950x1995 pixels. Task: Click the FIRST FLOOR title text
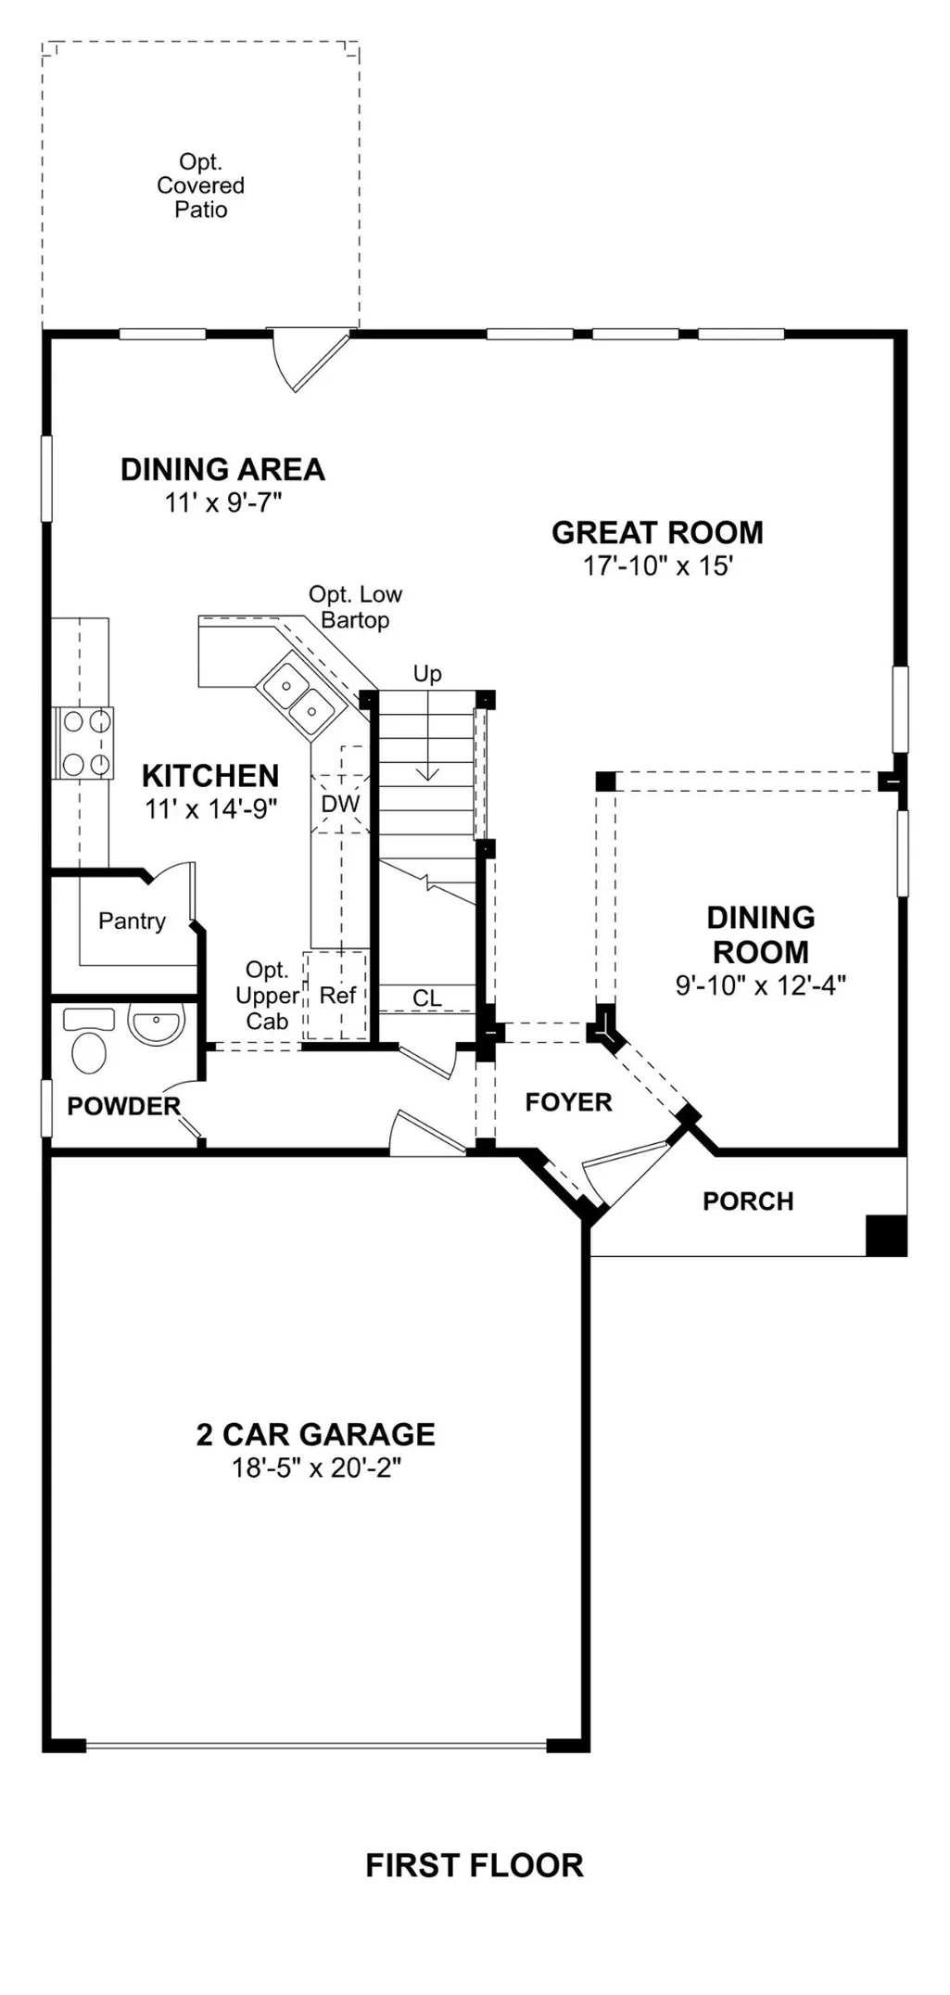[475, 1865]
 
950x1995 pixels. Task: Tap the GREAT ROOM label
[657, 532]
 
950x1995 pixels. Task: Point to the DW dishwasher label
[340, 804]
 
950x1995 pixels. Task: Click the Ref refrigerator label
[337, 996]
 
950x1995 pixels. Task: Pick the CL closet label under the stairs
[427, 998]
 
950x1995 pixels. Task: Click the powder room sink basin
[156, 1025]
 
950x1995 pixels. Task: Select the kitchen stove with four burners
[82, 743]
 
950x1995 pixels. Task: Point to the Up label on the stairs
[427, 674]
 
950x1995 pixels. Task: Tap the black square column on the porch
[886, 1236]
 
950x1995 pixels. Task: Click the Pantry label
[132, 921]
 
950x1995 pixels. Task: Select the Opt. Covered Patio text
[200, 185]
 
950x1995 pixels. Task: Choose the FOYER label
[568, 1102]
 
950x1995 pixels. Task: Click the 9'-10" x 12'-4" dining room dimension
[760, 985]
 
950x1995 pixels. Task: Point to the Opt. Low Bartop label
[355, 607]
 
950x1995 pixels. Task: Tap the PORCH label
[748, 1201]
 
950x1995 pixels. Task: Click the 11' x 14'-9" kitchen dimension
[210, 809]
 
